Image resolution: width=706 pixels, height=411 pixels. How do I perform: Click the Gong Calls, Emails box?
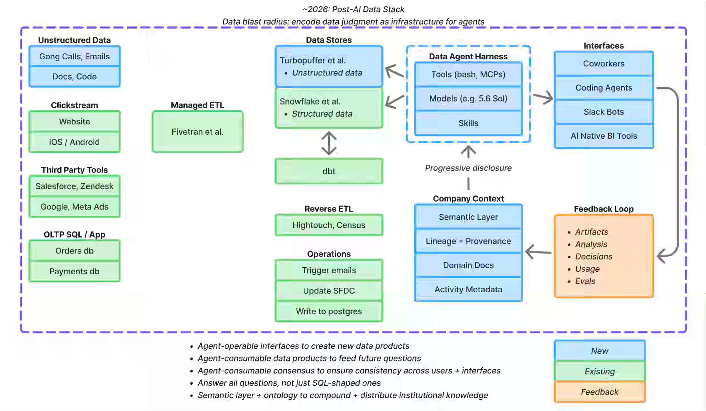tap(74, 57)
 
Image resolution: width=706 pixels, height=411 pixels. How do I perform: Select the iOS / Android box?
tap(74, 142)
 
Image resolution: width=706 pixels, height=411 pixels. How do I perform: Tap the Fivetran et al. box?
tap(197, 132)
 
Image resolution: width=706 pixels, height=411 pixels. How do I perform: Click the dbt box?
tap(329, 171)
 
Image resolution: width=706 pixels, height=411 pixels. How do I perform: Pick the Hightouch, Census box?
tap(329, 225)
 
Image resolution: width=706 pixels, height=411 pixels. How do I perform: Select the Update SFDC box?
tap(329, 291)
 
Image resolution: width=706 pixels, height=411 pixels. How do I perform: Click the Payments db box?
tap(74, 271)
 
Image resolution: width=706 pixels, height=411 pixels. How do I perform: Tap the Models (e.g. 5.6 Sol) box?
tap(468, 98)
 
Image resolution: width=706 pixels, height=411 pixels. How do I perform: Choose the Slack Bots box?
tap(604, 112)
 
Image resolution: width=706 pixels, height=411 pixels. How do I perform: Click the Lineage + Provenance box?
tap(468, 241)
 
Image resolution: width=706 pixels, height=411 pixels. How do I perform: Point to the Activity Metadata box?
tap(468, 289)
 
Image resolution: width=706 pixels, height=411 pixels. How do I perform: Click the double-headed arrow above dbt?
tap(329, 143)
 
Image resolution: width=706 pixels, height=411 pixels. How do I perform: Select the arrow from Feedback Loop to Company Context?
tap(538, 252)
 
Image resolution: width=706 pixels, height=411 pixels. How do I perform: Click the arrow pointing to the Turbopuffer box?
tap(395, 71)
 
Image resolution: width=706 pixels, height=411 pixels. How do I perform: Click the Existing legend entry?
tap(600, 371)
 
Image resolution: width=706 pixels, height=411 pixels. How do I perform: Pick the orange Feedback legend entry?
tap(600, 392)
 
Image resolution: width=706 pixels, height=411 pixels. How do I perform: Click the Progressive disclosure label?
tap(468, 168)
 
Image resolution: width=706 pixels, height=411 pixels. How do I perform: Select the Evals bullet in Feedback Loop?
tap(585, 281)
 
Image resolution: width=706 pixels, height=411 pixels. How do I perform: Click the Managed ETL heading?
tap(197, 105)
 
